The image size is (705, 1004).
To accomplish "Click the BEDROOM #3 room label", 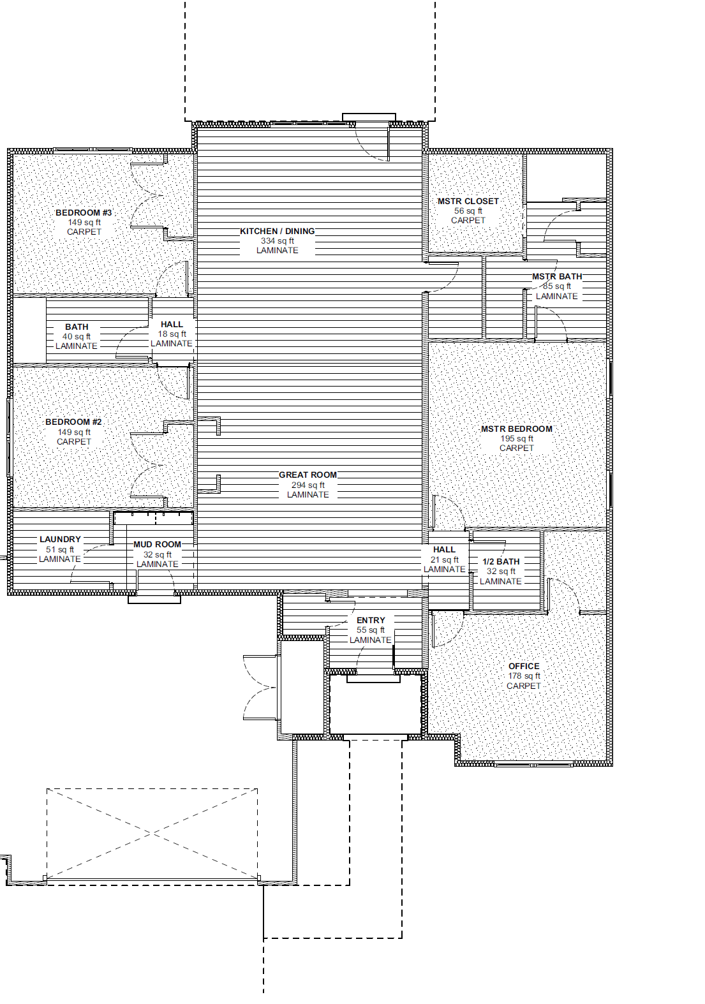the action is coord(84,212).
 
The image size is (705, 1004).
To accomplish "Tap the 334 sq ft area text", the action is coord(278,240).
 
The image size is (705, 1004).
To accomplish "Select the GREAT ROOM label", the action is coord(308,475).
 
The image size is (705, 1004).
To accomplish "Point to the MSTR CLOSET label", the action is coord(468,202).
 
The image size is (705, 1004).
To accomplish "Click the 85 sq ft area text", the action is coord(557,286).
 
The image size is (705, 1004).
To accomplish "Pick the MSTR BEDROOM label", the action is coord(516,429).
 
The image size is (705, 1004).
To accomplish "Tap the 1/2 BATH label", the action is coord(501,561).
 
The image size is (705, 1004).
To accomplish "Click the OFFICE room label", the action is coord(524,666).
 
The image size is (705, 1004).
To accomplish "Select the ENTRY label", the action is coord(371,621).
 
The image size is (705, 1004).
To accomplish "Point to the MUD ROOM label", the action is coord(158,544).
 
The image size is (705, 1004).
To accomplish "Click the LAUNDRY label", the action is coord(60,539).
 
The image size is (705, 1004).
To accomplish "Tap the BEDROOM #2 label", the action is coord(73,422).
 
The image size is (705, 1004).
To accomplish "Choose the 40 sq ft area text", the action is coord(77,337).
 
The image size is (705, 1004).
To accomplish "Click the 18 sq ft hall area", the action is coord(172,334).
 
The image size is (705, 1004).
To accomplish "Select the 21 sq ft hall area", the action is coord(445,559).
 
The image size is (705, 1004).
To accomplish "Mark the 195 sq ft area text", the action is coord(517,438).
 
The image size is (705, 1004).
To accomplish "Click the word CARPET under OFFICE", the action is coord(523,686).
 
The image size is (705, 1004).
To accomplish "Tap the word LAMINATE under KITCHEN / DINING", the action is coord(278,250).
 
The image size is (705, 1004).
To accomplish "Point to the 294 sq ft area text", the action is coord(308,485).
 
